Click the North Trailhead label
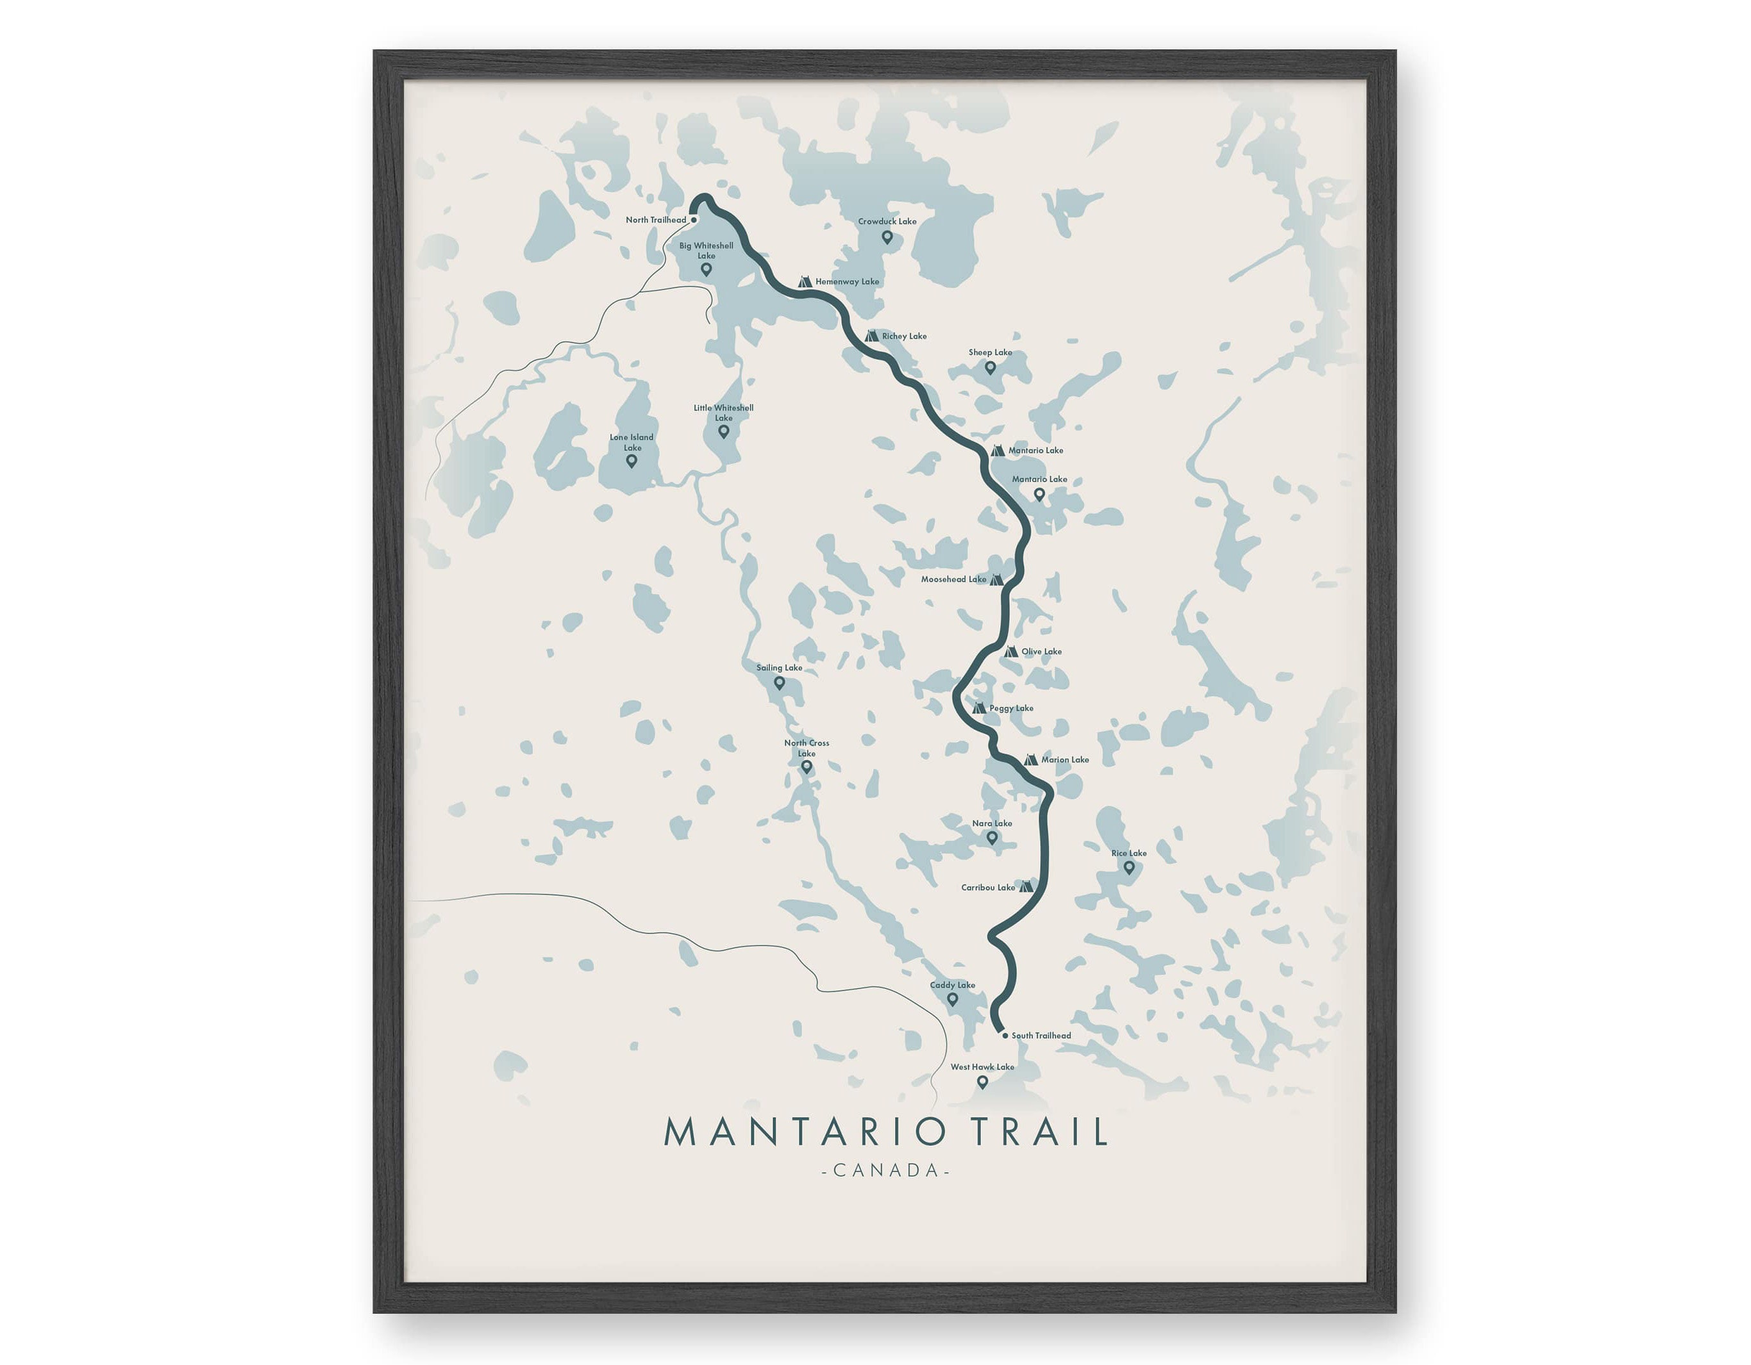tap(656, 220)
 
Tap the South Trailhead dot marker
tap(1005, 1036)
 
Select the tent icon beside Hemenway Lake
tap(806, 282)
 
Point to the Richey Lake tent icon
tap(871, 336)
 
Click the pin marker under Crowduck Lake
tap(887, 237)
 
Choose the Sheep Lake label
tap(990, 352)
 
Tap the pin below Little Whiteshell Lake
tap(723, 432)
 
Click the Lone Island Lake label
tap(632, 442)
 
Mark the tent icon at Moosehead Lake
tap(996, 579)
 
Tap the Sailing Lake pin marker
tap(779, 684)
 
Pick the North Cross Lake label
tap(807, 748)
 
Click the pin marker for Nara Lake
tap(992, 838)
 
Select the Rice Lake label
tap(1129, 854)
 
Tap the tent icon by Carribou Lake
tap(1025, 888)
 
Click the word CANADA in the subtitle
tap(886, 1171)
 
